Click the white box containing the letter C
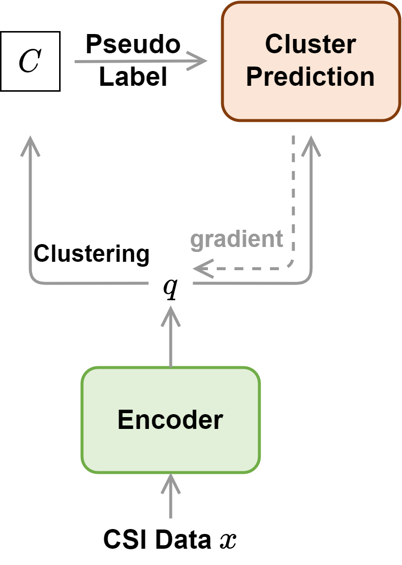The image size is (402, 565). [30, 62]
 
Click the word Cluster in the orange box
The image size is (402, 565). [310, 44]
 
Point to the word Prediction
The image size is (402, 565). [310, 77]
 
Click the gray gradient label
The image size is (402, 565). [237, 239]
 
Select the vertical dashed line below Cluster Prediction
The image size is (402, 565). [294, 197]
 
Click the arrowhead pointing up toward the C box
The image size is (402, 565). [31, 145]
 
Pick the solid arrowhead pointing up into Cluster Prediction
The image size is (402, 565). [311, 146]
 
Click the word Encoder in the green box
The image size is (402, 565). [170, 420]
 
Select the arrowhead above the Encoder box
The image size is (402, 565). [170, 316]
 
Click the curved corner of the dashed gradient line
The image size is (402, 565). [291, 266]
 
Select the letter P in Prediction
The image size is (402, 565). [254, 77]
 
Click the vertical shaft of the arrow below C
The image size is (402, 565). [31, 212]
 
